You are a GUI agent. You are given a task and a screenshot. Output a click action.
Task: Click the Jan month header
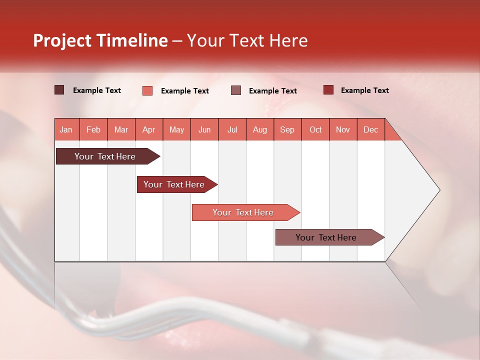[66, 129]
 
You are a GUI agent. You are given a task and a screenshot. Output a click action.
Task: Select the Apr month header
[149, 129]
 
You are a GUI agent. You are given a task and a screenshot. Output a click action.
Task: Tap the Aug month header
[260, 129]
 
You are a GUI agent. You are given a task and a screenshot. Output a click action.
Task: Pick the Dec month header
[371, 129]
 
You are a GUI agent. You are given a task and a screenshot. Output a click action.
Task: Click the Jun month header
[204, 129]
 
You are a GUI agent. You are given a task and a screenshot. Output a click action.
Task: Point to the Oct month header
[315, 129]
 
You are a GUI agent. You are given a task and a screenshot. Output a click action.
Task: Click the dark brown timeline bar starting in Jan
[105, 156]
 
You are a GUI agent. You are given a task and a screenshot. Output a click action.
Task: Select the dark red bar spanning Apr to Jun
[174, 184]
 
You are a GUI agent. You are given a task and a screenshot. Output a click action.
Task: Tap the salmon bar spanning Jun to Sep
[243, 212]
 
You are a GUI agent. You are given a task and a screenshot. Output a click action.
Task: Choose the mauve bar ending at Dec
[326, 237]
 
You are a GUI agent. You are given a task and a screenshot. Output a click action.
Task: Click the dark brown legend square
[59, 90]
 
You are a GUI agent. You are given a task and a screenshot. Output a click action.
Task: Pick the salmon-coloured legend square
[147, 90]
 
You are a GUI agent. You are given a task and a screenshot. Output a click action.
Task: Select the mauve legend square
[236, 90]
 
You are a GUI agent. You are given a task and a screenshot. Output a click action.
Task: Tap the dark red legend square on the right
[328, 90]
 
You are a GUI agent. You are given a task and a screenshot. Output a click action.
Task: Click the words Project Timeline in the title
[100, 40]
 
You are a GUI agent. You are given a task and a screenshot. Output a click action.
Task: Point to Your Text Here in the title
[247, 40]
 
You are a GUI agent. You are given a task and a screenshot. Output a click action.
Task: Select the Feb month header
[93, 129]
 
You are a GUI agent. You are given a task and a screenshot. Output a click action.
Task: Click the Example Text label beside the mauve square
[273, 90]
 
